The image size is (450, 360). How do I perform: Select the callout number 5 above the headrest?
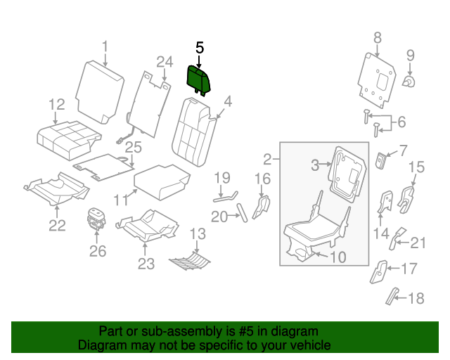[199, 48]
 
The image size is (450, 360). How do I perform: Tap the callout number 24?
[165, 63]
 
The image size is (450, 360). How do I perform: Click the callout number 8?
[378, 37]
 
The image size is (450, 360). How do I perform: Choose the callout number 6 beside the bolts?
[401, 122]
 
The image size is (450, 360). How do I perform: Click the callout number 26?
[98, 251]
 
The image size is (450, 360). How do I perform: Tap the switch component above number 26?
[96, 218]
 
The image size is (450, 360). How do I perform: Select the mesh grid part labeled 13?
[191, 261]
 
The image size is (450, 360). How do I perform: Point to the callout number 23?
[146, 264]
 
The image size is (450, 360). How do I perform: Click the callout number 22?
[57, 225]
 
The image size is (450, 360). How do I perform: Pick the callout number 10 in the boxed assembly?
[337, 257]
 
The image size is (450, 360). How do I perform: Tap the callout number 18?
[416, 299]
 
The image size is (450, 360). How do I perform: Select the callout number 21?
[418, 243]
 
